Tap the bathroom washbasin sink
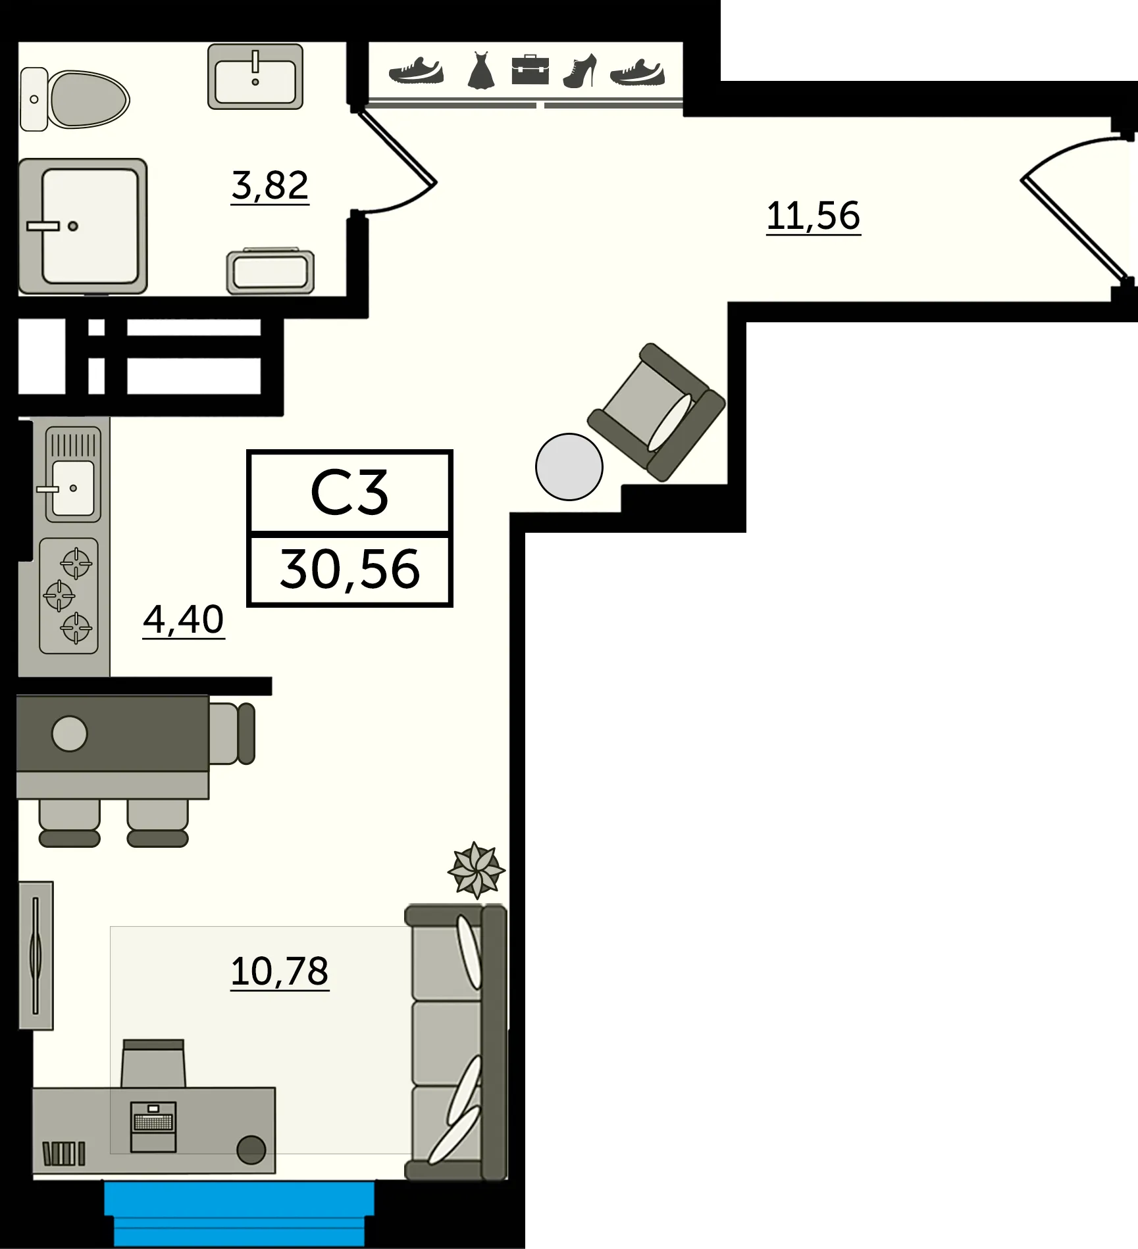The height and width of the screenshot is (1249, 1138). (x=255, y=76)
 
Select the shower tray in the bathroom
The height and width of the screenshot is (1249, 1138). (x=83, y=226)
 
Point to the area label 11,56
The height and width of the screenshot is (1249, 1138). (x=814, y=215)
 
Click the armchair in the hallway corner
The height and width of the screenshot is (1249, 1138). (x=657, y=411)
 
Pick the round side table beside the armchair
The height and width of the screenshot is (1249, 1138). (x=569, y=466)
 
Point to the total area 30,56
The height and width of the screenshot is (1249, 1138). (x=349, y=570)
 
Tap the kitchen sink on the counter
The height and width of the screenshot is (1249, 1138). (x=72, y=487)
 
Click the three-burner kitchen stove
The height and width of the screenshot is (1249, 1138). (x=69, y=596)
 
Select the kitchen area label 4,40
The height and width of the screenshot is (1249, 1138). (x=184, y=620)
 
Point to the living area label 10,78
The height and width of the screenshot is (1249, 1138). (x=279, y=971)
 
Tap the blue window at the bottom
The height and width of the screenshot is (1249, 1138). (x=240, y=1209)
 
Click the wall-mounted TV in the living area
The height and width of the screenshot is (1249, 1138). (x=36, y=955)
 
